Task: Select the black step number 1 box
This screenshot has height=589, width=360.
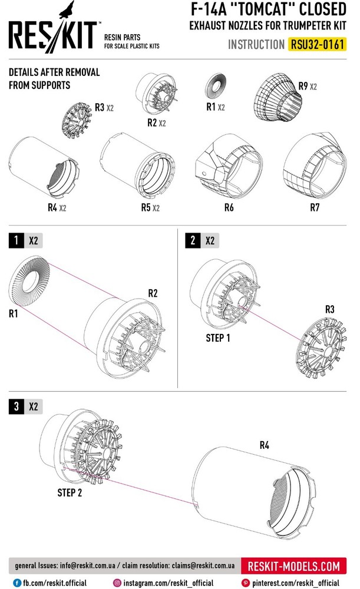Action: click(x=16, y=240)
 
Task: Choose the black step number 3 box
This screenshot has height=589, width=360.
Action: click(x=16, y=406)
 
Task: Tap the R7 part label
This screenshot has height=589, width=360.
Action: click(x=315, y=208)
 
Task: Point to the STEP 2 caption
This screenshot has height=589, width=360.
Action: click(x=70, y=492)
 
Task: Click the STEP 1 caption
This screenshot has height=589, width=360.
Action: click(x=218, y=338)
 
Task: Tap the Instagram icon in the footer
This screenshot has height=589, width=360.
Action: click(x=117, y=583)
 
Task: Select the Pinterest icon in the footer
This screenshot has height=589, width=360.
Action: click(x=247, y=583)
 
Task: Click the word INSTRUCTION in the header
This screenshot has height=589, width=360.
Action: click(x=256, y=45)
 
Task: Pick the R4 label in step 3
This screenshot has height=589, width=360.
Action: click(x=265, y=445)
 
